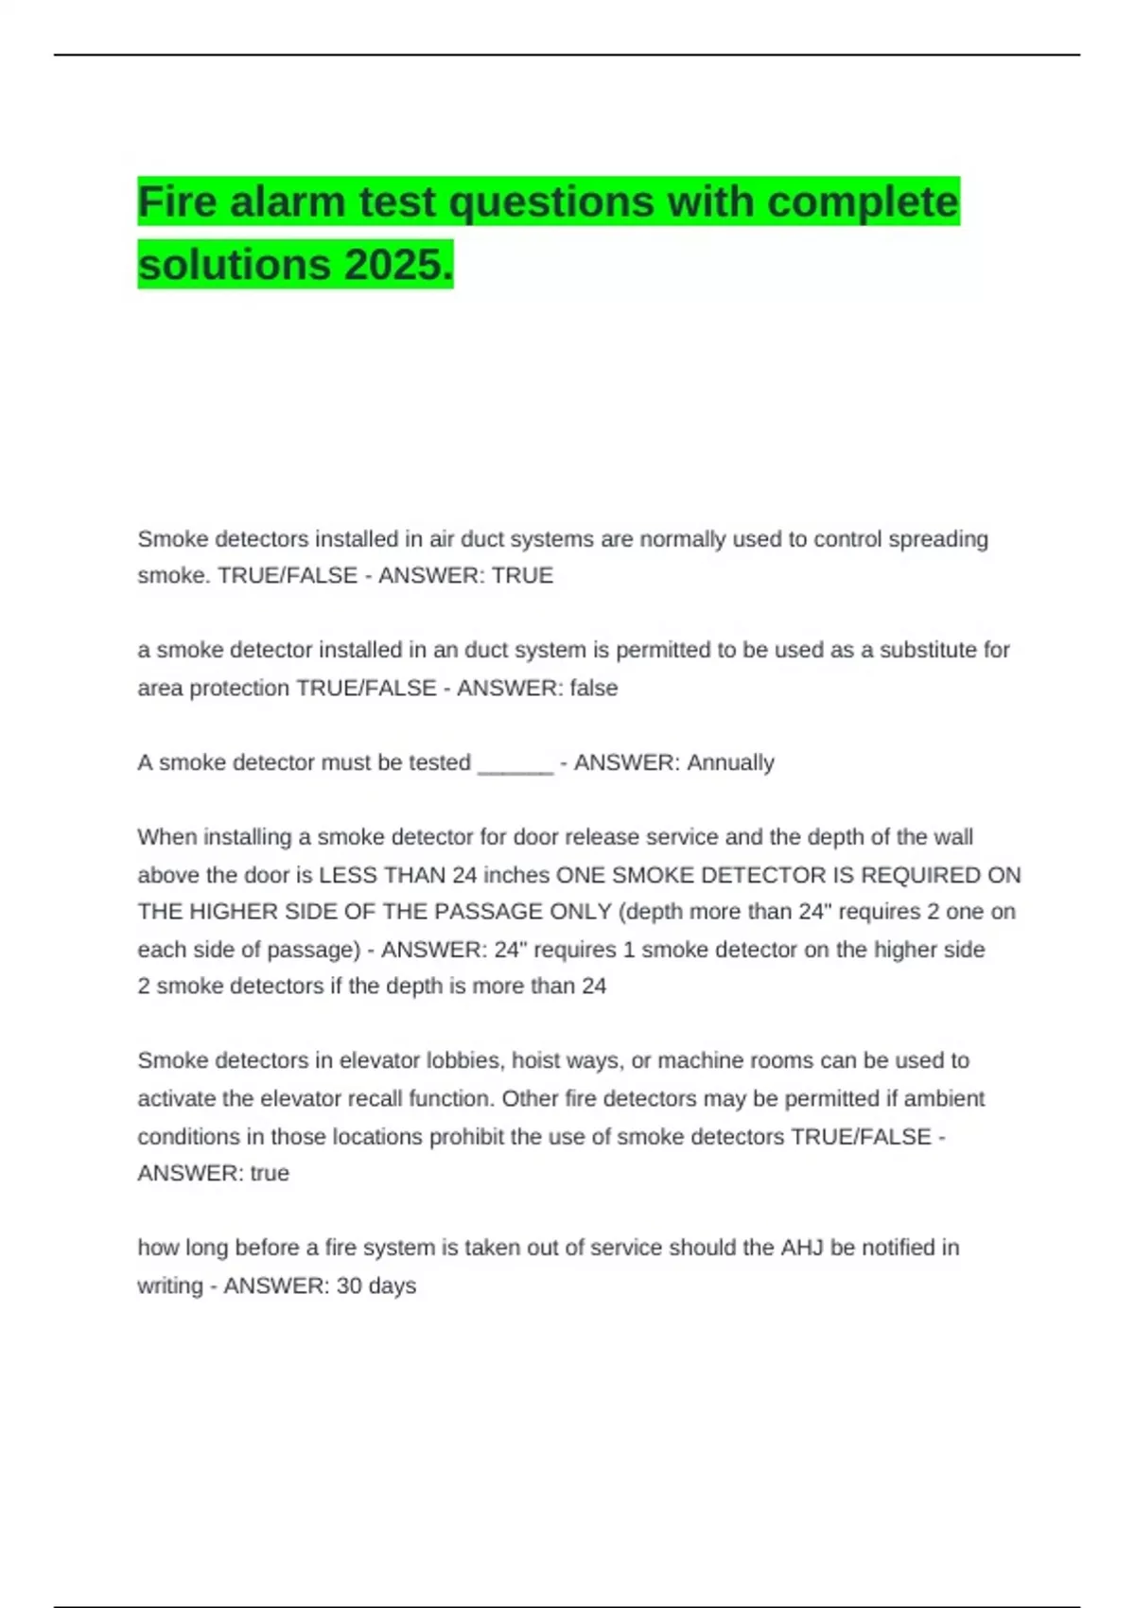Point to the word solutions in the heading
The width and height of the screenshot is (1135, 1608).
coord(236,264)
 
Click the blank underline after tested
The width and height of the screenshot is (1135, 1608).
coord(515,764)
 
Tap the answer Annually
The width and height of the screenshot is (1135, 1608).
coord(730,762)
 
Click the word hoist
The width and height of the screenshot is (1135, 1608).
coord(536,1060)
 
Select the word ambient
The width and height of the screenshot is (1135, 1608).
coord(944,1098)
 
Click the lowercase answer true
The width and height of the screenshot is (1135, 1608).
coord(270,1173)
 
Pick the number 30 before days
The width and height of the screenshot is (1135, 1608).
coord(349,1285)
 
